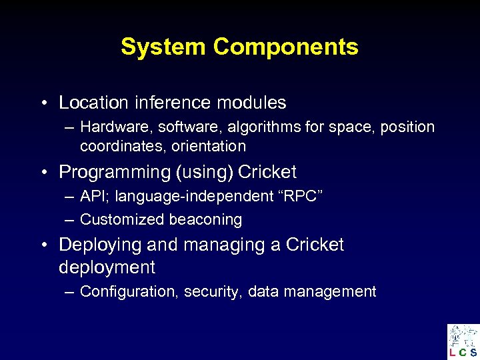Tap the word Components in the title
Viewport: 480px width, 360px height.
286,47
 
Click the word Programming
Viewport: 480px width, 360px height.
114,172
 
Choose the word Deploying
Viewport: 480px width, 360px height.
100,245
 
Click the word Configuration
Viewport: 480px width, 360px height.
129,291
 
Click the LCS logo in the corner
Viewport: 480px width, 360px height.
463,341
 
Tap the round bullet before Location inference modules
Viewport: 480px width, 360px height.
43,103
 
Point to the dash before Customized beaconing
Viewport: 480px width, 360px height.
70,219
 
